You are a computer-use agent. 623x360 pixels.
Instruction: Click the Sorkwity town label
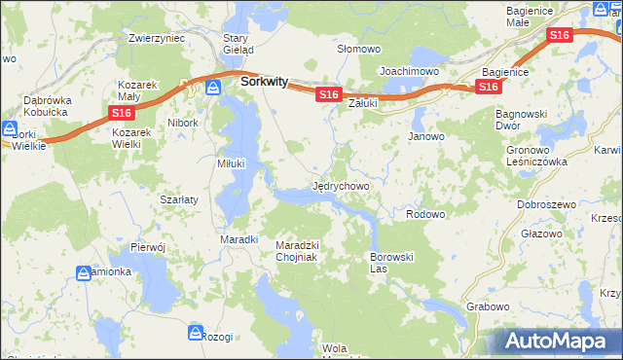pyautogui.click(x=263, y=84)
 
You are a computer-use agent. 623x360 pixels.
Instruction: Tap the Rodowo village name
pyautogui.click(x=424, y=214)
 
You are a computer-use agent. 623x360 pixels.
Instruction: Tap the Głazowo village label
pyautogui.click(x=541, y=234)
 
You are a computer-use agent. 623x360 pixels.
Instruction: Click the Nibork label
pyautogui.click(x=182, y=124)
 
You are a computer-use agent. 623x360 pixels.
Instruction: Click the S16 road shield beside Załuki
pyautogui.click(x=327, y=94)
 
